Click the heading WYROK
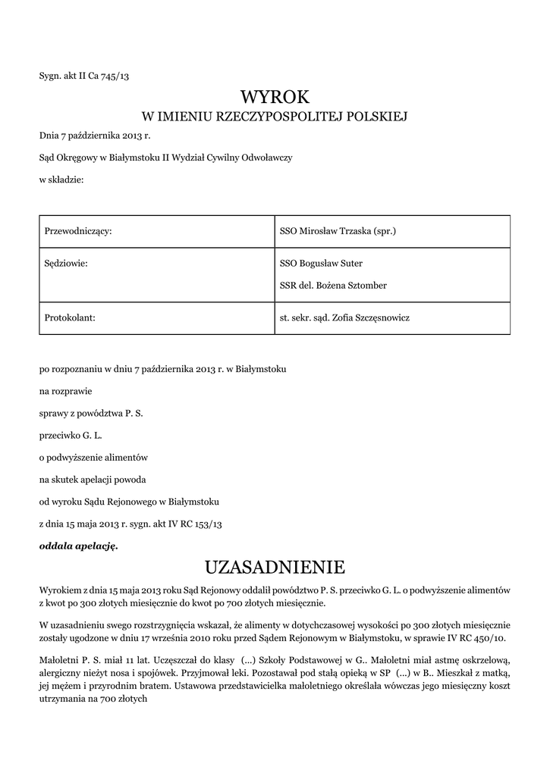275,96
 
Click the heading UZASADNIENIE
275,567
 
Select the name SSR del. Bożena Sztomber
334,286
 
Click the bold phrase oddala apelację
79,545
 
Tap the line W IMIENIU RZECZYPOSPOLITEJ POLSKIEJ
275,117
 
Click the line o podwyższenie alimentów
93,458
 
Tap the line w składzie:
61,180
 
